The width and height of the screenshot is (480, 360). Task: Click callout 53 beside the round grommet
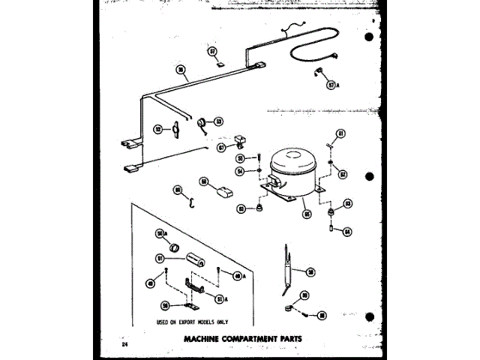click(x=218, y=121)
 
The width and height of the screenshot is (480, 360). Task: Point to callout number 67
click(x=221, y=148)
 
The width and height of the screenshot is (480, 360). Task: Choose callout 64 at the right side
click(x=347, y=231)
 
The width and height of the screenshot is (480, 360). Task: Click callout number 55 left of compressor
click(x=241, y=159)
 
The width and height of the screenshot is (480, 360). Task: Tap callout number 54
click(x=241, y=172)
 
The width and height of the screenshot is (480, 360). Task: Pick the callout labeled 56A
click(x=160, y=234)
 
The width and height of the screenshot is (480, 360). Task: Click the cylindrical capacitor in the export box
click(x=196, y=261)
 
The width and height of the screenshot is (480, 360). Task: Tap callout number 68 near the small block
click(x=203, y=181)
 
